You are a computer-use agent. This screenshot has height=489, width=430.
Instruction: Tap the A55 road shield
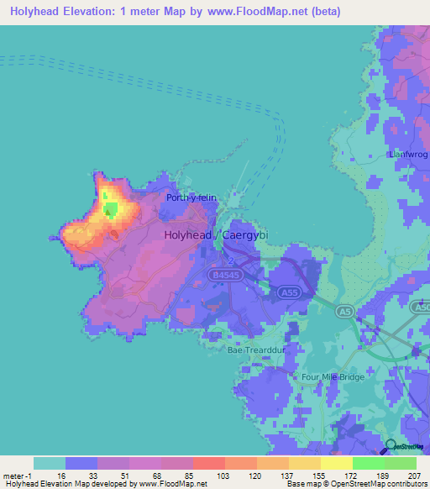pos(289,291)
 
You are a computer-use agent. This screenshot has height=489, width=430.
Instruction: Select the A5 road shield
pos(343,311)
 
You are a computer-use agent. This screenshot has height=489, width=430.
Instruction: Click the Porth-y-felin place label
pos(191,198)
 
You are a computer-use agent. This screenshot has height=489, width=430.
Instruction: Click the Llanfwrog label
pos(409,155)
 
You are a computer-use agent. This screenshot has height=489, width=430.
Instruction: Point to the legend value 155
pos(320,475)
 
